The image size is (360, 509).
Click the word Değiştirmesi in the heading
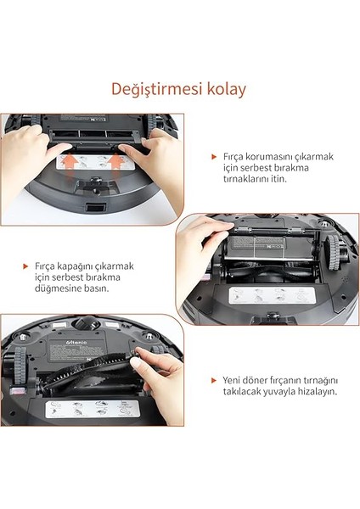pyautogui.click(x=155, y=89)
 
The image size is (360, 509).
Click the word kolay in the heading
pyautogui.click(x=225, y=89)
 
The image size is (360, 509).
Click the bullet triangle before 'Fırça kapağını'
pyautogui.click(x=26, y=266)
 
